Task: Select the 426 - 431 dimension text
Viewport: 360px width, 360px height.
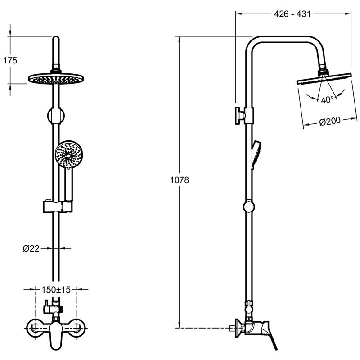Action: click(292, 14)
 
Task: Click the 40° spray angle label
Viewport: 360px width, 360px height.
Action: click(327, 100)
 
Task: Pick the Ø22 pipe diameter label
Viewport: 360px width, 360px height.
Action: click(31, 247)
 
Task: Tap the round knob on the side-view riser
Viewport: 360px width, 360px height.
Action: click(248, 207)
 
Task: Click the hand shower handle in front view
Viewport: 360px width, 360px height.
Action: click(68, 184)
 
